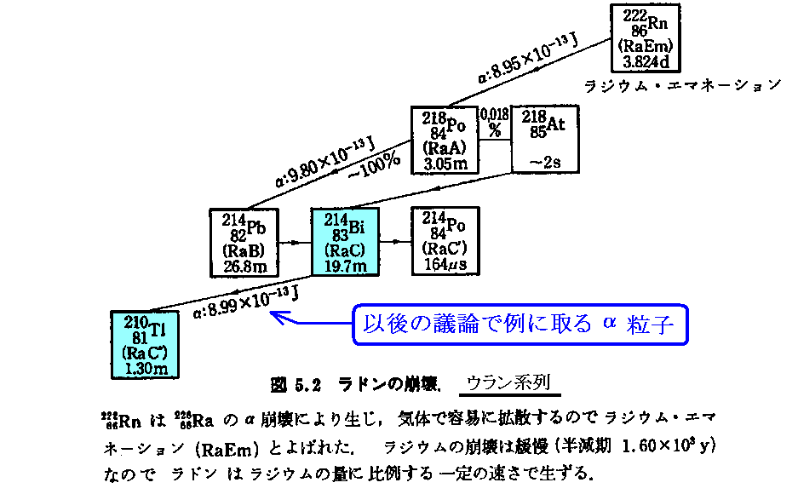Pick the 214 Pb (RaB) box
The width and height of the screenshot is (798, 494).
pyautogui.click(x=244, y=243)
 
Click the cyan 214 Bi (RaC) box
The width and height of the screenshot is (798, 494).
pyautogui.click(x=345, y=242)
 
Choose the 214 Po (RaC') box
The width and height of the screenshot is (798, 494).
pyautogui.click(x=445, y=242)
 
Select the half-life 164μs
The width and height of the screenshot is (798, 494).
pyautogui.click(x=445, y=265)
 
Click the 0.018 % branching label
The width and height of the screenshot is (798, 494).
pyautogui.click(x=495, y=120)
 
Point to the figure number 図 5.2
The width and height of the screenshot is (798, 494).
pyautogui.click(x=295, y=385)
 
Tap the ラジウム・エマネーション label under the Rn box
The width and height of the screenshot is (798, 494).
pyautogui.click(x=681, y=84)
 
